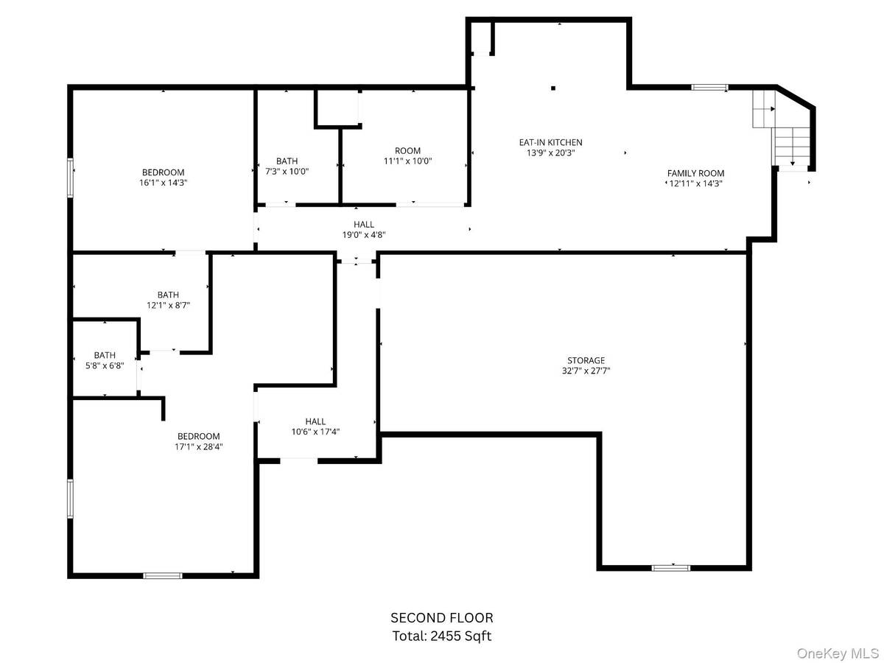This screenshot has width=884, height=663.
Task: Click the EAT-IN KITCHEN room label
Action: pos(550,142)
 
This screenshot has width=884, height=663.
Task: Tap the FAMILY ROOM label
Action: pos(695,173)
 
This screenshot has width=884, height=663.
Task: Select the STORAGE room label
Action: pos(586,360)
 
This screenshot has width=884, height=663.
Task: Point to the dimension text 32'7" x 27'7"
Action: pos(586,371)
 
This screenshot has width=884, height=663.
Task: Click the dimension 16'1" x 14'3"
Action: pos(163,183)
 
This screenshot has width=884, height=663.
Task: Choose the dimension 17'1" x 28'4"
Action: pos(199,446)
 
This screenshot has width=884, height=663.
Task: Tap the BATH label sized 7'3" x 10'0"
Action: pos(287,161)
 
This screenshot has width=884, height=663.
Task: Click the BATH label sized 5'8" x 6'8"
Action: pos(105,355)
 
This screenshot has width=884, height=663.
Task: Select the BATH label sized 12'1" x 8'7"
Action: pos(168,295)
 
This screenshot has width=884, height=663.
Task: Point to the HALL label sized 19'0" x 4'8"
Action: pos(364,224)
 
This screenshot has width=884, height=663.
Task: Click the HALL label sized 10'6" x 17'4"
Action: pos(315,421)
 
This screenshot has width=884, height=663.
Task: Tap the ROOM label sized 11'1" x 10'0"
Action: pos(407,150)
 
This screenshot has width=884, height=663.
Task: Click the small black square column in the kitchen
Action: pos(553,88)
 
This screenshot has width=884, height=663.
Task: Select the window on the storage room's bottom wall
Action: pos(670,568)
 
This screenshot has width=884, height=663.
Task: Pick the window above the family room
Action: pos(709,88)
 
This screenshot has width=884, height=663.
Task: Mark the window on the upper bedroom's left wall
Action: pos(70,178)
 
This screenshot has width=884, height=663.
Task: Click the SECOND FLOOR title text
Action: pos(442,617)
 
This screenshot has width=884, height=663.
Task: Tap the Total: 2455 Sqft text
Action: pos(442,636)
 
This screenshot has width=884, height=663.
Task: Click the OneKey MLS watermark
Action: pos(838,653)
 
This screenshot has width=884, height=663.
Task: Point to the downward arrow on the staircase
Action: pos(792,163)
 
